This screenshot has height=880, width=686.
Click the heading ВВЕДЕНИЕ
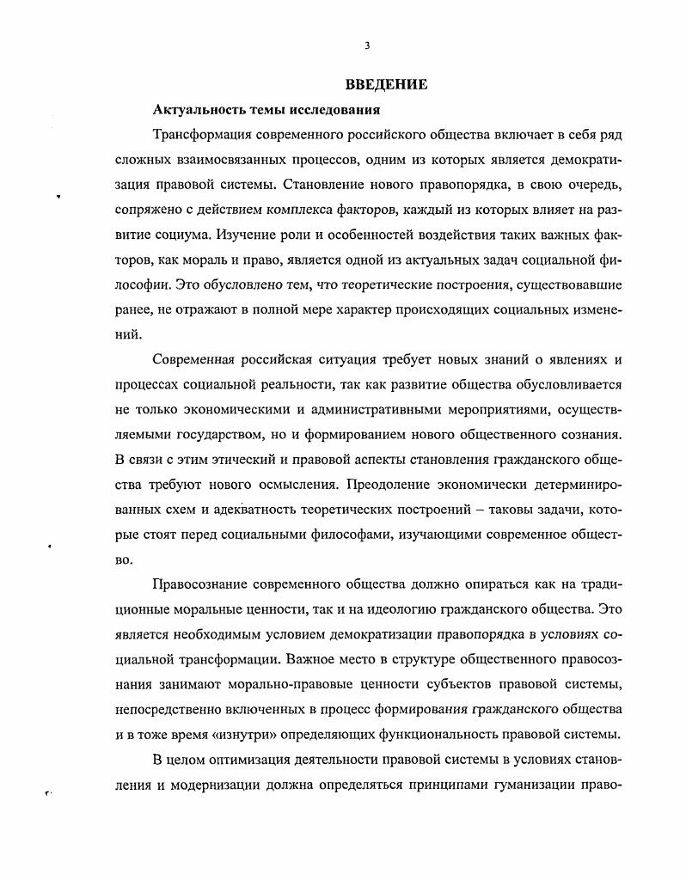click(x=386, y=85)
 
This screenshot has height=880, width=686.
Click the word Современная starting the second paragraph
click(x=193, y=361)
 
